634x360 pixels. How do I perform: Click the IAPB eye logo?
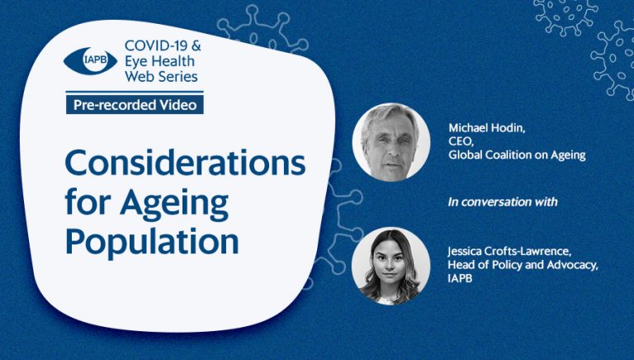coord(91,60)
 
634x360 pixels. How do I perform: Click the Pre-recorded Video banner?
coord(135,105)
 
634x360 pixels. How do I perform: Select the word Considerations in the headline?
coord(185,163)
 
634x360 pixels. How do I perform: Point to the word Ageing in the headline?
coord(174,204)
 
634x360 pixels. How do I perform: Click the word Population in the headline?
coord(152,241)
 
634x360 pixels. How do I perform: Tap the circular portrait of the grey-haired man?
coord(391,142)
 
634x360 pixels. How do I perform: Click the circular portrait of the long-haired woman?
coord(391,266)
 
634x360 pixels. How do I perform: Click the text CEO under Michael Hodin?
coord(461,142)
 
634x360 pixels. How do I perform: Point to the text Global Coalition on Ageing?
coord(517,155)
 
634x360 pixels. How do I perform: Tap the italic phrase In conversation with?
coord(503,201)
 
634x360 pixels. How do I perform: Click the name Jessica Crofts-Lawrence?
coord(509,252)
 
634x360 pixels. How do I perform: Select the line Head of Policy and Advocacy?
coord(523,265)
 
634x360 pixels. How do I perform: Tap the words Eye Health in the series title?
coord(159,61)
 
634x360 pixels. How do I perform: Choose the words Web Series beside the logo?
coord(161,76)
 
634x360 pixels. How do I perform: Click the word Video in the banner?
coord(178,105)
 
